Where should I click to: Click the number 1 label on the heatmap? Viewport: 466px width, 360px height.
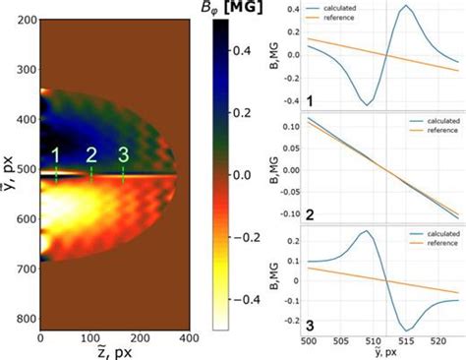click(56, 154)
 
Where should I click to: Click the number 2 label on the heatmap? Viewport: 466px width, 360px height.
click(91, 154)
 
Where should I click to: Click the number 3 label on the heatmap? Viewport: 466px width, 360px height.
click(123, 154)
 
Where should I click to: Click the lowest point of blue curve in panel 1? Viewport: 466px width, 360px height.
click(367, 103)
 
